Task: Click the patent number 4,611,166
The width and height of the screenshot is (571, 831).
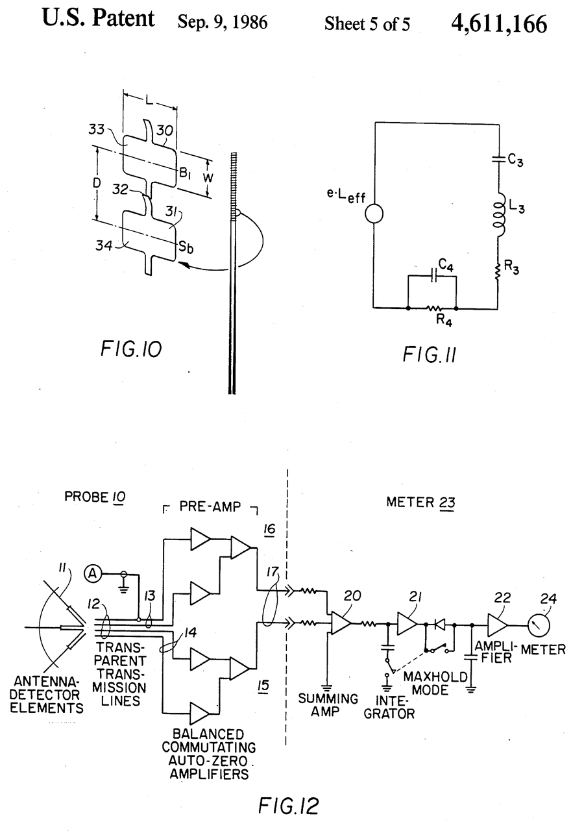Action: click(x=499, y=24)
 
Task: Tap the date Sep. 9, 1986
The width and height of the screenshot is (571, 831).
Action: click(x=223, y=22)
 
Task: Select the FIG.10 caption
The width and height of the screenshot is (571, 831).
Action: click(x=131, y=349)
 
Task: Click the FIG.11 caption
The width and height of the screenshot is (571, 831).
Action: click(x=430, y=354)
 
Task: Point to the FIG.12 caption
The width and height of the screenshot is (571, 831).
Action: click(x=289, y=806)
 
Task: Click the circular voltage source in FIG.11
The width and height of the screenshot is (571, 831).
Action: click(x=374, y=214)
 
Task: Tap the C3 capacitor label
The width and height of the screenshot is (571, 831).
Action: click(x=516, y=160)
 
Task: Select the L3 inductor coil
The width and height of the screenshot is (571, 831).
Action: click(x=499, y=215)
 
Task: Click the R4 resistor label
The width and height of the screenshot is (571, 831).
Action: click(x=444, y=320)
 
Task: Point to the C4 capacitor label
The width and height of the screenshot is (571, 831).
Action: click(x=446, y=265)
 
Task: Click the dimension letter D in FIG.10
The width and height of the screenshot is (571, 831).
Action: click(x=97, y=182)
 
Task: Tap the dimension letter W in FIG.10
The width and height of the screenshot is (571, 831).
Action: click(x=208, y=178)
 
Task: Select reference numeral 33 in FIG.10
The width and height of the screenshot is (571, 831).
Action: click(x=97, y=129)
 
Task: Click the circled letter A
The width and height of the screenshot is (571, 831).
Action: click(x=93, y=574)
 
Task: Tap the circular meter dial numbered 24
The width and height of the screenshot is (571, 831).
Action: click(x=538, y=625)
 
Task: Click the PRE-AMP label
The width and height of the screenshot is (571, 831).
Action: click(x=210, y=507)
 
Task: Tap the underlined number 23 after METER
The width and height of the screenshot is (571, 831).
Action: click(x=447, y=502)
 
